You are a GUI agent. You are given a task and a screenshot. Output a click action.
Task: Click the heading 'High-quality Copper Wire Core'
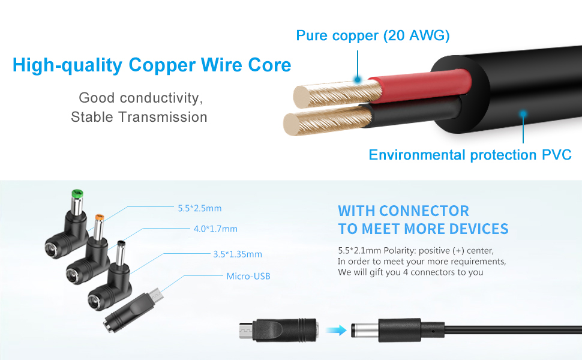click(152, 65)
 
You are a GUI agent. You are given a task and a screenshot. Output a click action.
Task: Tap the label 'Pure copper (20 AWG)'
click(373, 35)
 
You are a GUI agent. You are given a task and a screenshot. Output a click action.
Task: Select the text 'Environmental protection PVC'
click(470, 155)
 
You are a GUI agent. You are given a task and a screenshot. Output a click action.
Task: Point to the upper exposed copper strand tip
click(301, 96)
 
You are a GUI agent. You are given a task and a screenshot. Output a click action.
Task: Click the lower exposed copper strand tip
click(292, 124)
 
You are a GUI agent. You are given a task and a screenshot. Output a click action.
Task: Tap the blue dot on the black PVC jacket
click(523, 113)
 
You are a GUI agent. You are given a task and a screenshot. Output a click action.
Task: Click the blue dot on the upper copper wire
click(358, 79)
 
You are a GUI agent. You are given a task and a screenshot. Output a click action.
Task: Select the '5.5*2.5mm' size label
click(200, 209)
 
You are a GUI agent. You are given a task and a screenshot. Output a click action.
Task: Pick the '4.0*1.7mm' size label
click(215, 229)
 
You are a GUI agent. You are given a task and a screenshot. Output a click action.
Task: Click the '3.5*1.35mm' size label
click(238, 254)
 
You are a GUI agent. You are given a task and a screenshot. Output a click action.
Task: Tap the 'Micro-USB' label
click(248, 276)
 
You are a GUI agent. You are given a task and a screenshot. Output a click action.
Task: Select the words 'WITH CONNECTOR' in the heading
click(403, 211)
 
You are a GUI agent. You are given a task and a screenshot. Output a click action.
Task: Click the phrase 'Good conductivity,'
click(139, 97)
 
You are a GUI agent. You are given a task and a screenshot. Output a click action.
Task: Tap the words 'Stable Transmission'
click(139, 117)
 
